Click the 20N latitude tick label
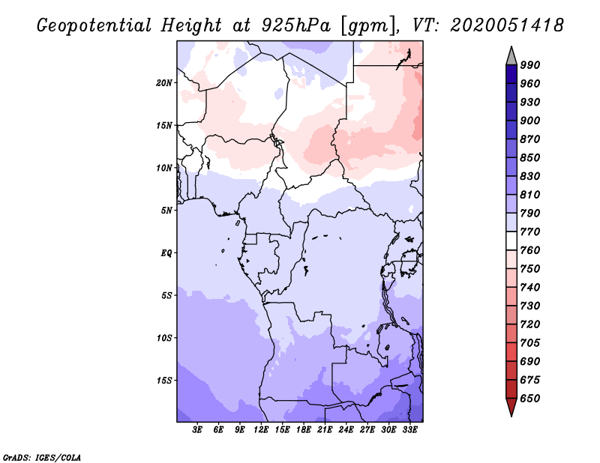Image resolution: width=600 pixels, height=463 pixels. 164,83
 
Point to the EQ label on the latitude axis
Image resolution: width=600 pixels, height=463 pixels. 166,253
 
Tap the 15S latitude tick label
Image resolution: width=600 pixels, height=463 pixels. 164,381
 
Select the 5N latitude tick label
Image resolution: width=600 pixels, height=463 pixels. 166,211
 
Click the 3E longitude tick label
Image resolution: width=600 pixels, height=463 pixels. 197,430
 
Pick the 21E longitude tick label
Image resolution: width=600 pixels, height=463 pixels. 325,430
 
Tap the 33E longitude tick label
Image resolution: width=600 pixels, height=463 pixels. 409,430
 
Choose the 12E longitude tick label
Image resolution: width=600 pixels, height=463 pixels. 261,430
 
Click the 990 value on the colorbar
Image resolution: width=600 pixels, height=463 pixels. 530,65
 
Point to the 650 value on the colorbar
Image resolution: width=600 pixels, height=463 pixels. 530,399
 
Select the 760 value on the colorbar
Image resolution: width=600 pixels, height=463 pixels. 530,250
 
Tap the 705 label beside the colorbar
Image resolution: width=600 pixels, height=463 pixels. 530,342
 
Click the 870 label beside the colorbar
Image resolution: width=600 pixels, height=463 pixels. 530,139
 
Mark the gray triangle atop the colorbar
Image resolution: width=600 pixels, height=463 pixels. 511,57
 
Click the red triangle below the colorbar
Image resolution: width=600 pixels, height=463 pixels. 511,407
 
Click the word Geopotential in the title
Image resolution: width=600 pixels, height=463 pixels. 94,25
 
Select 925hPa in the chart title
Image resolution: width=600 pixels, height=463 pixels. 296,25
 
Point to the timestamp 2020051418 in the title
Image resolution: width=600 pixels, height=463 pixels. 507,25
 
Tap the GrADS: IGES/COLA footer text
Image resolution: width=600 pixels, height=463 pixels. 42,458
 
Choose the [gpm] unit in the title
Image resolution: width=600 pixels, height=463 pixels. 368,26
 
